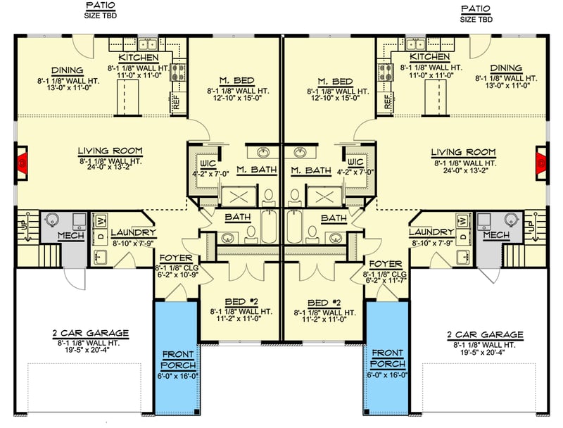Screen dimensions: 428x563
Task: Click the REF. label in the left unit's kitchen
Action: click(175, 103)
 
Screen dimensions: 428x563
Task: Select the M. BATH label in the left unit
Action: click(256, 170)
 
